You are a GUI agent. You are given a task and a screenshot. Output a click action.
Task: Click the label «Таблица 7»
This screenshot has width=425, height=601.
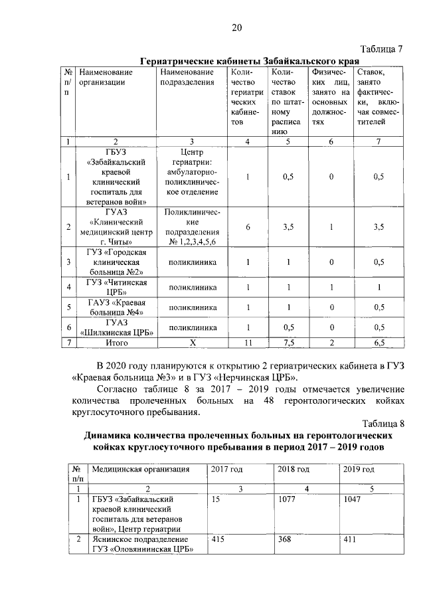pos(381,48)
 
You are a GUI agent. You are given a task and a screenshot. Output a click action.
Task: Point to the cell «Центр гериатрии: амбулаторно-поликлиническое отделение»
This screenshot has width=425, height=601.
pos(191,177)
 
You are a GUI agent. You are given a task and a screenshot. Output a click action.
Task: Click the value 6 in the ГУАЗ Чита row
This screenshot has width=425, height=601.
pos(248,227)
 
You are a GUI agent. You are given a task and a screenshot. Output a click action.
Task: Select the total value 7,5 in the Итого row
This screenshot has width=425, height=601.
pos(288,342)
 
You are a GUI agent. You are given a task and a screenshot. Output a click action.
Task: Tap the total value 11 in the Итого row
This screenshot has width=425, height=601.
pos(248,342)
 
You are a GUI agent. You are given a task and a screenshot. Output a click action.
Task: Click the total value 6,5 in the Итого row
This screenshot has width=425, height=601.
pos(379,342)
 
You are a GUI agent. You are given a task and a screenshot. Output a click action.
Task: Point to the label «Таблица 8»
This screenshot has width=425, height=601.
pos(381,423)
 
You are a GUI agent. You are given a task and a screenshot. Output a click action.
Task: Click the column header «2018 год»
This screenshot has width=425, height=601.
pos(293,470)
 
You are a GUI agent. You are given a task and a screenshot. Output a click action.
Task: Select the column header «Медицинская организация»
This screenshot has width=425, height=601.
pos(140,470)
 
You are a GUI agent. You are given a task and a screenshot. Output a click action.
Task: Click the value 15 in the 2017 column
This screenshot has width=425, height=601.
pos(215,498)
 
